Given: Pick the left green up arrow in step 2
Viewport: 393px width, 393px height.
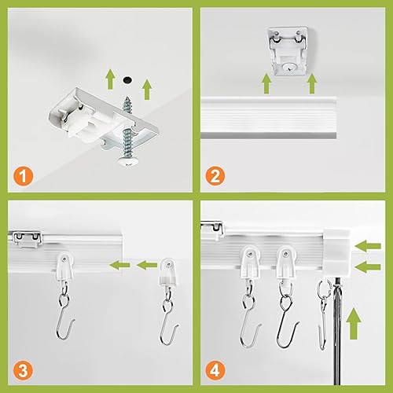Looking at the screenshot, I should point(266,82).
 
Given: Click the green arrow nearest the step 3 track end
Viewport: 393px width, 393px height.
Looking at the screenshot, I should point(118,264).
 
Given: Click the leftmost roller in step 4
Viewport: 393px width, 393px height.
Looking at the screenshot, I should point(251,263).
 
